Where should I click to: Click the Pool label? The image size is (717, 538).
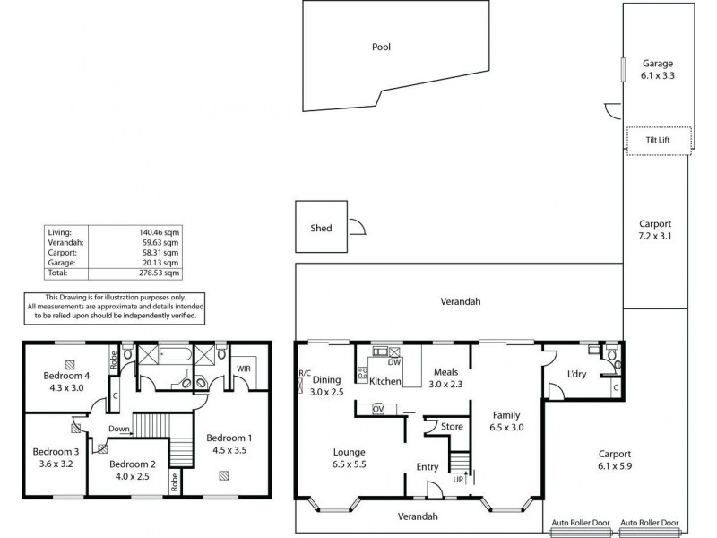click(381, 48)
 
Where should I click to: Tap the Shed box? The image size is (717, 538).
click(321, 228)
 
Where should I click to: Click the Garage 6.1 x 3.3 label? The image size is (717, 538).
click(657, 70)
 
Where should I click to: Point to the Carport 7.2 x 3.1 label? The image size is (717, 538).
click(655, 230)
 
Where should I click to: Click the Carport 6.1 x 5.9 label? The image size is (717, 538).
click(616, 460)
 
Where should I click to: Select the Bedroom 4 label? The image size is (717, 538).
click(69, 381)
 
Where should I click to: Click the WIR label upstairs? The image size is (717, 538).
click(243, 369)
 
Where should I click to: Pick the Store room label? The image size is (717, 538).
click(453, 426)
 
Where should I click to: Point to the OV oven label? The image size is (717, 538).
click(378, 410)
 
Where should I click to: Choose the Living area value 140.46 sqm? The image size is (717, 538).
click(162, 231)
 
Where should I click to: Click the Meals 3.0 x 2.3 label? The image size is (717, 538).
click(446, 378)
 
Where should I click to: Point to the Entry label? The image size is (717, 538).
click(428, 467)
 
